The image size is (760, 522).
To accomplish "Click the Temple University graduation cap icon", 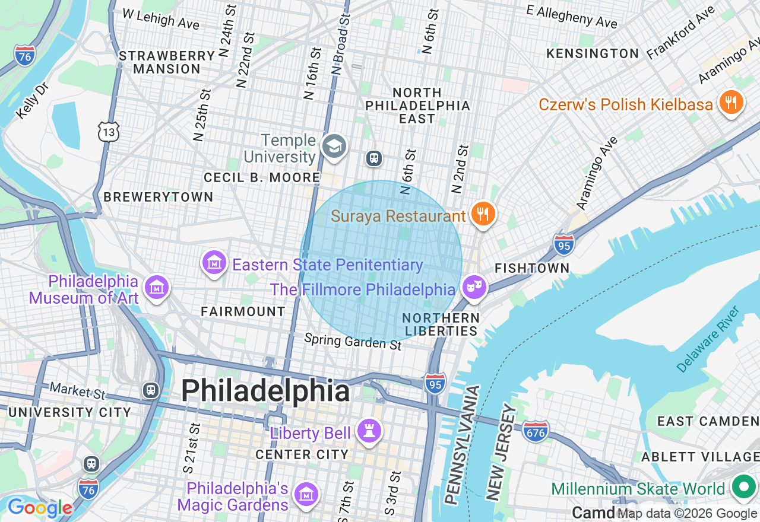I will pos(334,146).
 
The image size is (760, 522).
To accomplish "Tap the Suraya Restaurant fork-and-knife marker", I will pos(483,214).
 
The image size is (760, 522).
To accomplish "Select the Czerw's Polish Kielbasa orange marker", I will pos(731,103).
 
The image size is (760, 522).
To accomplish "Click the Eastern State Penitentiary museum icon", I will pos(214,263).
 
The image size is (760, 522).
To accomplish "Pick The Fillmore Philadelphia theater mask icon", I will pos(474,288).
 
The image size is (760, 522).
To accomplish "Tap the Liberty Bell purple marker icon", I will pos(369,431).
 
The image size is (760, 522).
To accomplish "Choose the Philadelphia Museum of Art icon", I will pos(157,288).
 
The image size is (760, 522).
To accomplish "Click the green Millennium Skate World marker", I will pos(742,488).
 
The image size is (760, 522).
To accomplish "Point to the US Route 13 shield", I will pos(110,132).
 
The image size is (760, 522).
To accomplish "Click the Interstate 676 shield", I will pos(536,432).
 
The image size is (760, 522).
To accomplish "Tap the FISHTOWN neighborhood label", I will pos(532,268).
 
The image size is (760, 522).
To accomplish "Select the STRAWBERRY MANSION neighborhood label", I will pos(167,62).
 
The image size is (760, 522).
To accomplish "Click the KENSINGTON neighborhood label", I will pos(592,53).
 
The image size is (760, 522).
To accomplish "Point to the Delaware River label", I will pos(709,339).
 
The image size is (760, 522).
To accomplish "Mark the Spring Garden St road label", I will pos(353,341).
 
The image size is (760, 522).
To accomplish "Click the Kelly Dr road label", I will pos(32,101).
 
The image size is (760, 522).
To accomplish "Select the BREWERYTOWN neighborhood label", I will pos(158,197).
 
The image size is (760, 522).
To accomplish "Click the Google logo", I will pos(39,508).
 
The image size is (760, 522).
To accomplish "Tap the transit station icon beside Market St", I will pos(151,390).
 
